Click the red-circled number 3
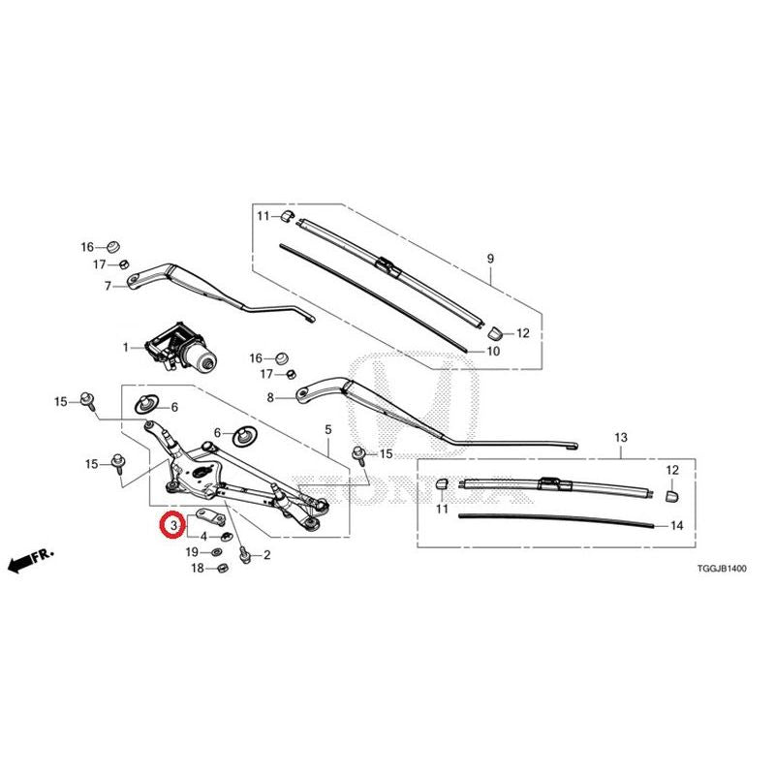(173, 525)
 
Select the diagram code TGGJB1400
(722, 569)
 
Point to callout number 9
(490, 259)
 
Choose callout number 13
(621, 438)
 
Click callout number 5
(328, 430)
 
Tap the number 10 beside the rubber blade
(493, 351)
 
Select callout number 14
(676, 525)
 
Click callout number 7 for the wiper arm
(108, 286)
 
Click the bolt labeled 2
(244, 555)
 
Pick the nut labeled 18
(222, 568)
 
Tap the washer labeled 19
(216, 552)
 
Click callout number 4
(203, 537)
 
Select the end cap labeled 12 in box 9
(495, 333)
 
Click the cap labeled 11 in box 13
(442, 483)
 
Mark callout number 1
(126, 348)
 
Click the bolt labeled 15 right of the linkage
(358, 454)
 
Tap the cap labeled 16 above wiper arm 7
(114, 246)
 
